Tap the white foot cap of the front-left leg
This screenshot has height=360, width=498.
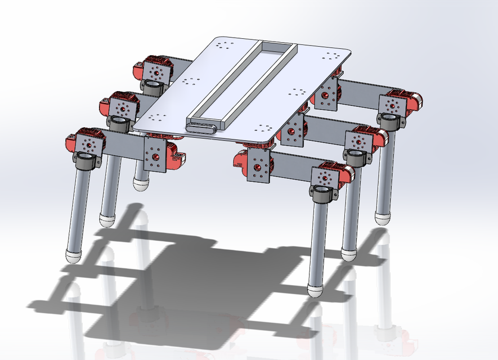pyautogui.click(x=74, y=256)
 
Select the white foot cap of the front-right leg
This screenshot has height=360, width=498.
pyautogui.click(x=315, y=291)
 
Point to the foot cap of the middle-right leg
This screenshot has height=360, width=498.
pyautogui.click(x=349, y=255)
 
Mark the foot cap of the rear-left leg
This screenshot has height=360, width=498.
pyautogui.click(x=141, y=183)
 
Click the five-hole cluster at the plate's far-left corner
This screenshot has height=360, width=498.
pyautogui.click(x=226, y=46)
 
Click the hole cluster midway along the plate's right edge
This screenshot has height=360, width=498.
pyautogui.click(x=297, y=92)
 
